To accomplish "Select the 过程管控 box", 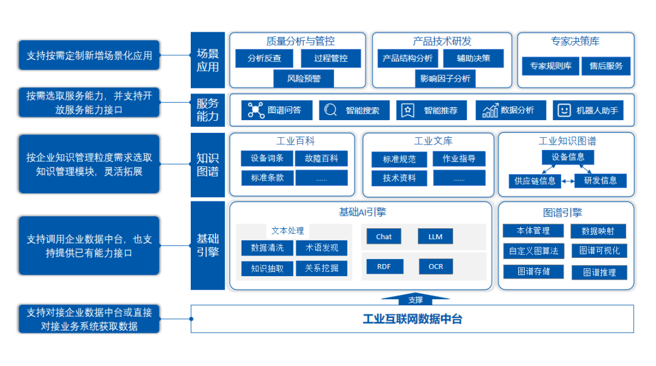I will coord(330,58).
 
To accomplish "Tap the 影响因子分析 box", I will coord(445,78).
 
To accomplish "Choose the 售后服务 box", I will coord(606,66).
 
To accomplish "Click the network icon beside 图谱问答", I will coord(254,110).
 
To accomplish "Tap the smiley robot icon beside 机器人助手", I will coord(564,110).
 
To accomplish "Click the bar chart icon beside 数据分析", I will coord(490,110).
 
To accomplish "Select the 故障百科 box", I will coord(321,158).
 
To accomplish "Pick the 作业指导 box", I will coord(459,159).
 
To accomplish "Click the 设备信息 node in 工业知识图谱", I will coord(568,157).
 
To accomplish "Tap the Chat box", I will coord(384,237).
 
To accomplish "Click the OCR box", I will coord(436,266).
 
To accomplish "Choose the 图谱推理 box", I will coord(599,273).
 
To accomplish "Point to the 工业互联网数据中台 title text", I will coord(412,319).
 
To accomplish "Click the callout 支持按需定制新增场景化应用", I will coord(89,56).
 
